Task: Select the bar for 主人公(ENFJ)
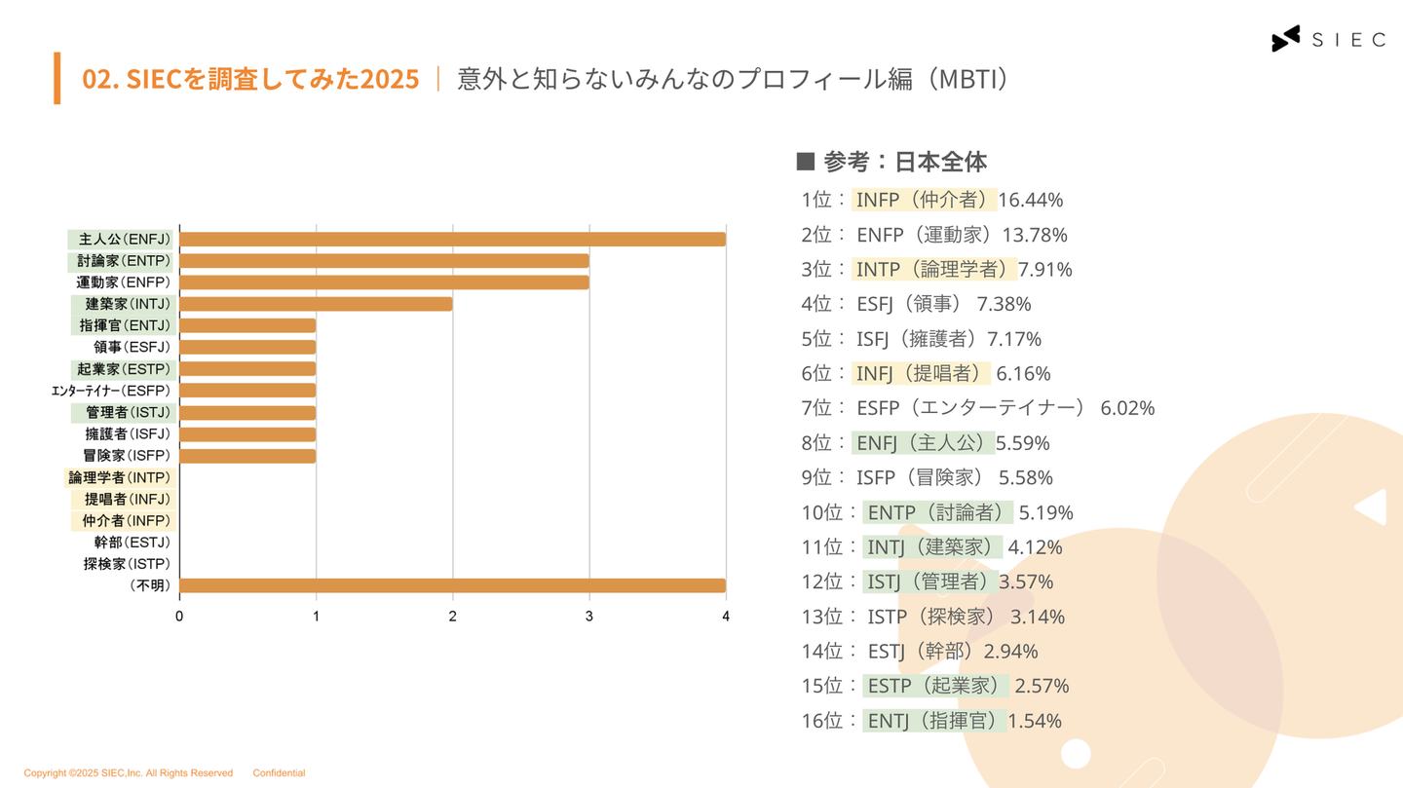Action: pyautogui.click(x=452, y=240)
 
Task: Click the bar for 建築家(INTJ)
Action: pyautogui.click(x=316, y=304)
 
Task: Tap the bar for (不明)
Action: pyautogui.click(x=452, y=585)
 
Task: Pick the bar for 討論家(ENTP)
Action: pyautogui.click(x=384, y=261)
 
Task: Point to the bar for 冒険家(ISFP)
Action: pyautogui.click(x=247, y=456)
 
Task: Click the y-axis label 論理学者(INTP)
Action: pyautogui.click(x=119, y=477)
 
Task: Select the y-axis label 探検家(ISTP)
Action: pyautogui.click(x=127, y=564)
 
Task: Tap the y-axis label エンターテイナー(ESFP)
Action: pyautogui.click(x=111, y=391)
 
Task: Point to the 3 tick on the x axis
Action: pyautogui.click(x=588, y=617)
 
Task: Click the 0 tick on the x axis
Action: pyautogui.click(x=179, y=617)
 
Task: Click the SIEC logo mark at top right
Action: pyautogui.click(x=1285, y=39)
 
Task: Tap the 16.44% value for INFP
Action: pyautogui.click(x=1030, y=201)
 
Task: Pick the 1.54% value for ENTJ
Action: pyautogui.click(x=1035, y=722)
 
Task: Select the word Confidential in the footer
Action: pyautogui.click(x=279, y=773)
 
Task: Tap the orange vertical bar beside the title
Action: pyautogui.click(x=57, y=78)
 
